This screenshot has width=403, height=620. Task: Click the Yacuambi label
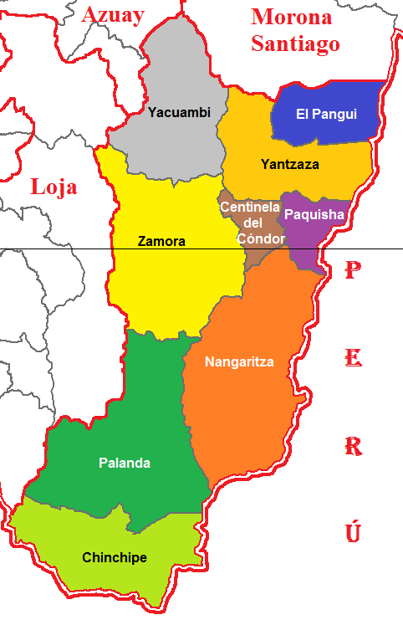[x=179, y=112]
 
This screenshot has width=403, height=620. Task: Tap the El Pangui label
[x=326, y=114]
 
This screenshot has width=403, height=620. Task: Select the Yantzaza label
[x=289, y=164]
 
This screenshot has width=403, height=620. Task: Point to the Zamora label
[x=161, y=242]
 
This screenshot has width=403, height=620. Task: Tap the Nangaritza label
[x=239, y=361]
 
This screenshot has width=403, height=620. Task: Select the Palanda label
[x=125, y=463]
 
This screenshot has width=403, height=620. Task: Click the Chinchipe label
[x=115, y=557]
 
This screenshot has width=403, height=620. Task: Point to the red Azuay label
[x=114, y=14]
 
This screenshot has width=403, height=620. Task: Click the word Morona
[x=292, y=17]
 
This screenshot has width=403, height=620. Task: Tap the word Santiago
[x=295, y=44]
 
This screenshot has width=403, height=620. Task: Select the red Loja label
[x=54, y=186]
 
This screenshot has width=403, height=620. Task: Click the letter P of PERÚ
[x=354, y=271]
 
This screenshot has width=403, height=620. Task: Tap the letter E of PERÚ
[x=354, y=359]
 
